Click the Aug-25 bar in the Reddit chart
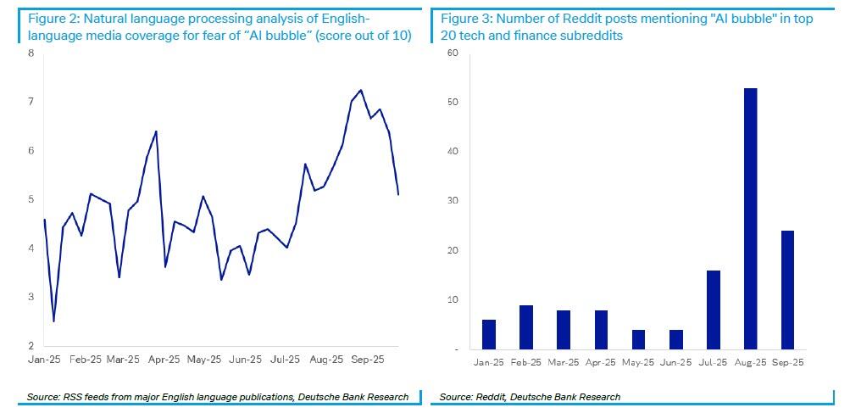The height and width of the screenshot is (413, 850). click(750, 219)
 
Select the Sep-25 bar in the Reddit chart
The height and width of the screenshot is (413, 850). click(787, 290)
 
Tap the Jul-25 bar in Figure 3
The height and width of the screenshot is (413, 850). click(713, 310)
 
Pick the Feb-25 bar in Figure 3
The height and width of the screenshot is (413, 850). click(525, 327)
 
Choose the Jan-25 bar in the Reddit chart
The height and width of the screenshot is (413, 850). click(488, 334)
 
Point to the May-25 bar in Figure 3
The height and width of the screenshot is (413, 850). click(638, 339)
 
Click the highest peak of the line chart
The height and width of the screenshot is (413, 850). click(361, 90)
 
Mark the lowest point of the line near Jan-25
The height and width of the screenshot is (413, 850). click(53, 321)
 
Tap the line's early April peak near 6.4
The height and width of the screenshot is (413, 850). click(156, 131)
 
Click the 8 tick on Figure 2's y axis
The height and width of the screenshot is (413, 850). click(31, 53)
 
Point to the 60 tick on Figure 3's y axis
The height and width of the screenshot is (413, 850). click(453, 53)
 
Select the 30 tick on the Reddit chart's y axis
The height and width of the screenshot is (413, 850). click(453, 201)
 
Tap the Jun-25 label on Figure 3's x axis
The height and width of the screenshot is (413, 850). click(675, 362)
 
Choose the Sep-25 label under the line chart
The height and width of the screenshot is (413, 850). click(368, 360)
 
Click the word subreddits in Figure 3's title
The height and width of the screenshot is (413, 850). click(590, 36)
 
